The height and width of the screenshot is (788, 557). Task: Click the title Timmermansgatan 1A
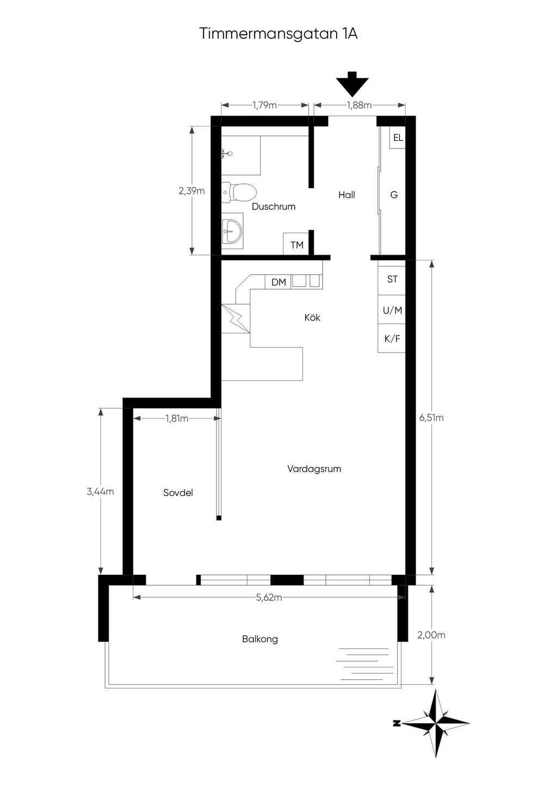278,34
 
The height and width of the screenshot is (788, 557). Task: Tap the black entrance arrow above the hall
352,84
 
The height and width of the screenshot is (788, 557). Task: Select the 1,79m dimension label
264,105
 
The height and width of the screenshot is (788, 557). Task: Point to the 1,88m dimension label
359,105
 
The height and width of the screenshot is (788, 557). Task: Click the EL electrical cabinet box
398,138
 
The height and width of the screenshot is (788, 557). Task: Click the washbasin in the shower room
233,231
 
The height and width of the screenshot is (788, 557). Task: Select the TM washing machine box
296,244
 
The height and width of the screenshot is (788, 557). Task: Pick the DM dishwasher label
278,282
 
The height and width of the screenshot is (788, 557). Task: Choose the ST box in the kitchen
392,279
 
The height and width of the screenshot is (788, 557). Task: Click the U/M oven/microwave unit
392,309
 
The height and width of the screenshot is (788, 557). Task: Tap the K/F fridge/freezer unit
392,338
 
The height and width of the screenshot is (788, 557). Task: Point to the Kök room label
312,318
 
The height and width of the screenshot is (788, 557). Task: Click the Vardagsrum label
314,469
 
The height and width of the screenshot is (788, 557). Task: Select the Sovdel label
178,493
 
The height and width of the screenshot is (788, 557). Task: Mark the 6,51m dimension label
431,418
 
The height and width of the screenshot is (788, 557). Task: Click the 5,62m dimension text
269,598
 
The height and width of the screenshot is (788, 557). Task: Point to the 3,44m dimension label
100,492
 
